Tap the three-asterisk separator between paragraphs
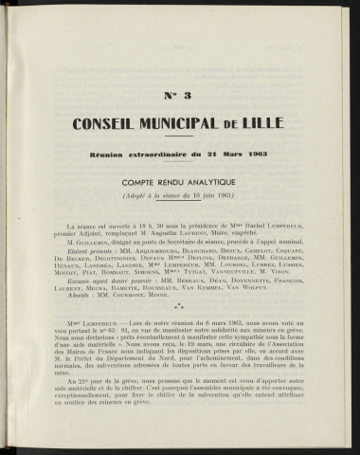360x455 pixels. [180, 308]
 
